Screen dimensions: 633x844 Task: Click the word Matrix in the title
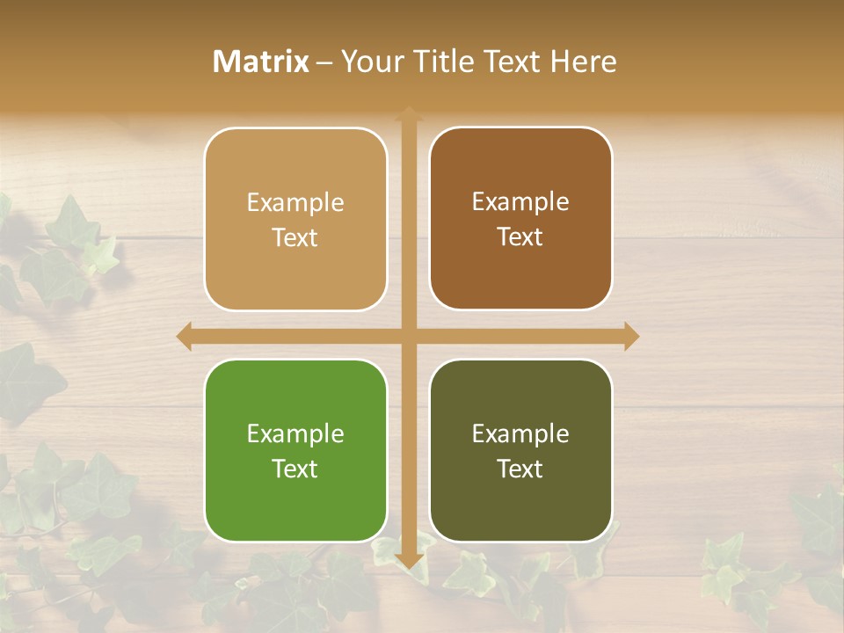pos(261,62)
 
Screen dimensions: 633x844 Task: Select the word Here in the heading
pos(584,62)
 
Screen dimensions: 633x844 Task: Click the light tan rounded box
pos(295,219)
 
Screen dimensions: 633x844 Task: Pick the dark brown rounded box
pos(520,219)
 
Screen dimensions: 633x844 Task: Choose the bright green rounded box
pos(295,450)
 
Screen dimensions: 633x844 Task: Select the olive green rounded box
pos(520,450)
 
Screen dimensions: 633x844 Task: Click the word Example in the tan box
pos(295,203)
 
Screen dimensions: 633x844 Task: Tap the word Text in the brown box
pos(520,237)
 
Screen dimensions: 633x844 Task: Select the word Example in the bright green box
pos(295,433)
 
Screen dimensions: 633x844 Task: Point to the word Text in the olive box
pos(520,469)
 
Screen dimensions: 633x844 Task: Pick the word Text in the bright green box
pos(295,469)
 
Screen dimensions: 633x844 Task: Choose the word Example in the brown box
pos(520,202)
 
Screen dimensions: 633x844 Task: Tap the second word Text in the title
pos(514,62)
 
